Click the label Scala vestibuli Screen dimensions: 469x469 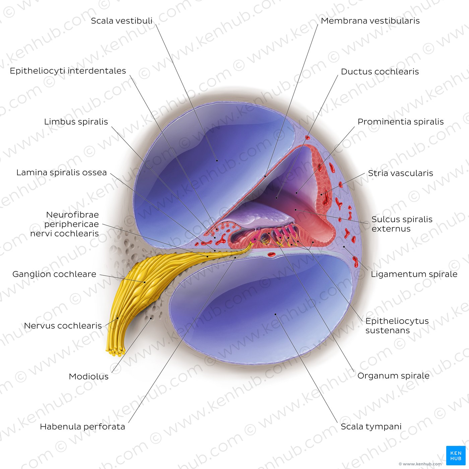[122, 21]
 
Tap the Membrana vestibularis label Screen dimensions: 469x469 [370, 21]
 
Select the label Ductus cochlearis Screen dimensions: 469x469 [380, 72]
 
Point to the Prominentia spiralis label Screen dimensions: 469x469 [401, 122]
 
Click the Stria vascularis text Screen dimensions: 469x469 [400, 173]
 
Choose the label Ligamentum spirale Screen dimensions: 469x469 [414, 274]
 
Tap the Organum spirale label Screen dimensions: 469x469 [393, 376]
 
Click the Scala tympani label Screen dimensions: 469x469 [371, 426]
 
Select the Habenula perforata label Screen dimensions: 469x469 [82, 426]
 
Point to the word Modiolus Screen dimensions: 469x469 [88, 376]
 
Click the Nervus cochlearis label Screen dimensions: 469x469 [63, 325]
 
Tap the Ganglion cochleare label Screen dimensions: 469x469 [54, 274]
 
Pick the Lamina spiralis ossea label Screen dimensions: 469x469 [62, 173]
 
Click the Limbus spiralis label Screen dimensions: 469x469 [76, 122]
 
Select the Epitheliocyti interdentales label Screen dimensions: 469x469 [68, 71]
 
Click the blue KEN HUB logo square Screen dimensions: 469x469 [456, 455]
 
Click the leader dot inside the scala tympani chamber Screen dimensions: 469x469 [275, 314]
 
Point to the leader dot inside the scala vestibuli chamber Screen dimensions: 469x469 [217, 160]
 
